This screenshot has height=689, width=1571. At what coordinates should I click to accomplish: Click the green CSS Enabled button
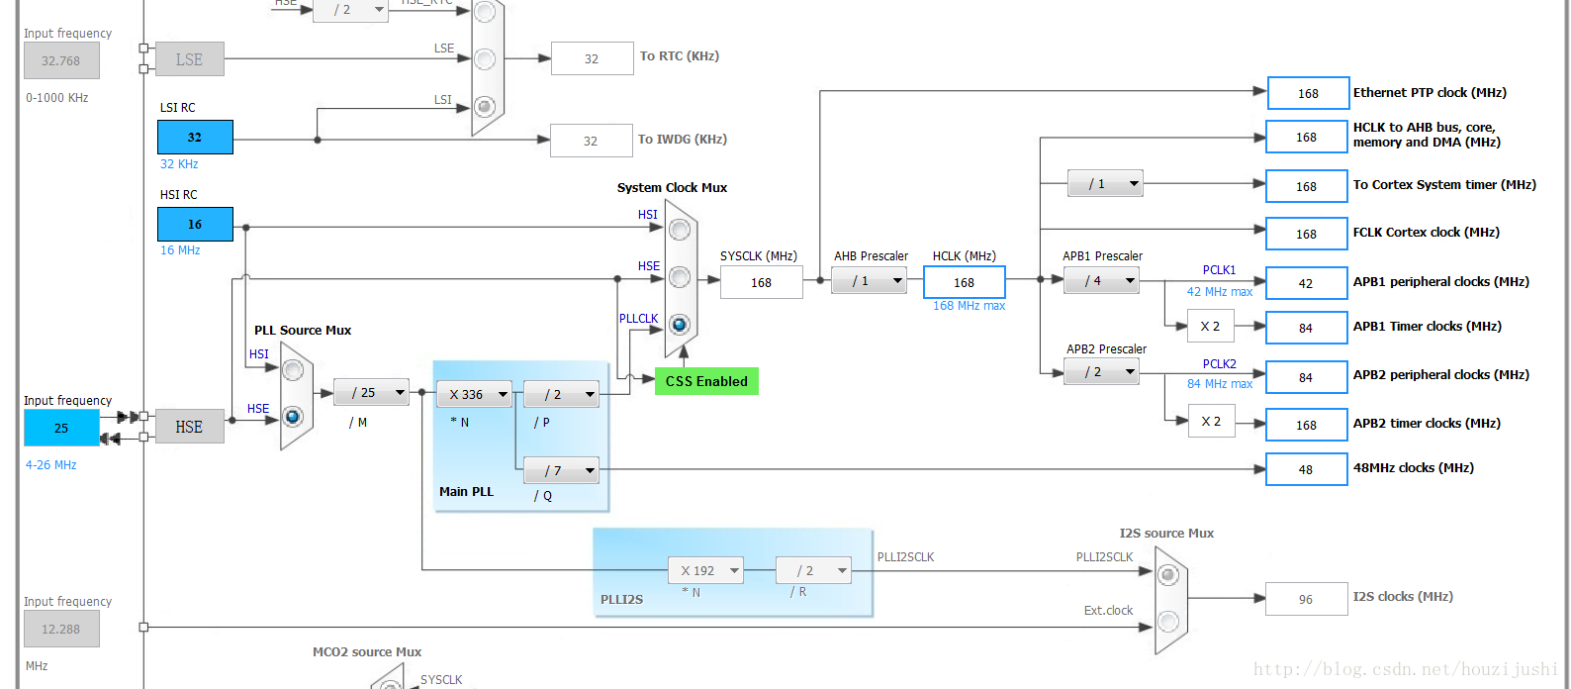pyautogui.click(x=706, y=381)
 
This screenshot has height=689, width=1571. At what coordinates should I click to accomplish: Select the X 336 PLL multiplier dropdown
pyautogui.click(x=474, y=394)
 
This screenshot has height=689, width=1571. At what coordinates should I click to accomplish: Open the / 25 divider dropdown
pyautogui.click(x=371, y=392)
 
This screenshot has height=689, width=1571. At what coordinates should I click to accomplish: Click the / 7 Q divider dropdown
pyautogui.click(x=561, y=470)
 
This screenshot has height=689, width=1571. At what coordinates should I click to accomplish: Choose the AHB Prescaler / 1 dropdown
pyautogui.click(x=869, y=281)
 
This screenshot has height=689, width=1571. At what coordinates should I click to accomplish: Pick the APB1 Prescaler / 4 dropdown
pyautogui.click(x=1101, y=281)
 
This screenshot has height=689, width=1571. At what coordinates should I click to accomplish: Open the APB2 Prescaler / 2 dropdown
pyautogui.click(x=1101, y=371)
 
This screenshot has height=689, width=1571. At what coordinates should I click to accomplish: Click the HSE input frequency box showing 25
pyautogui.click(x=61, y=428)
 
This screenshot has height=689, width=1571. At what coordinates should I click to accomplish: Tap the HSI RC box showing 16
pyautogui.click(x=195, y=224)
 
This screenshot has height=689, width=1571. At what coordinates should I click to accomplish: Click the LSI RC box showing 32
pyautogui.click(x=195, y=137)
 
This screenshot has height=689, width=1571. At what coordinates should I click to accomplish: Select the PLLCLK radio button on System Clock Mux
pyautogui.click(x=679, y=324)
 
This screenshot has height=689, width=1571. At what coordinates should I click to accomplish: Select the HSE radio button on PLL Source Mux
pyautogui.click(x=293, y=417)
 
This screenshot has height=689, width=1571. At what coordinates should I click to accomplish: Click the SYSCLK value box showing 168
pyautogui.click(x=761, y=282)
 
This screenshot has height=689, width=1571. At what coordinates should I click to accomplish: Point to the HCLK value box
pyautogui.click(x=965, y=282)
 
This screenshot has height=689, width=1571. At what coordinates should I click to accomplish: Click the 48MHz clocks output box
pyautogui.click(x=1306, y=469)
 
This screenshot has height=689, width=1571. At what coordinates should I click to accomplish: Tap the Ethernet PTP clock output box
pyautogui.click(x=1308, y=93)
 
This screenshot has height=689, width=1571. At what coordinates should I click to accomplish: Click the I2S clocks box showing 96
pyautogui.click(x=1306, y=599)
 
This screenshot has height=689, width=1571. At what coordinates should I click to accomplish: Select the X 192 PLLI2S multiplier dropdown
pyautogui.click(x=705, y=570)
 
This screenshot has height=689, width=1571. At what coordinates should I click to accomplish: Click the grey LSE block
pyautogui.click(x=189, y=59)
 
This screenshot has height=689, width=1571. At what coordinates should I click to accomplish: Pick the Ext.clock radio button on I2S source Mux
pyautogui.click(x=1167, y=621)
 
